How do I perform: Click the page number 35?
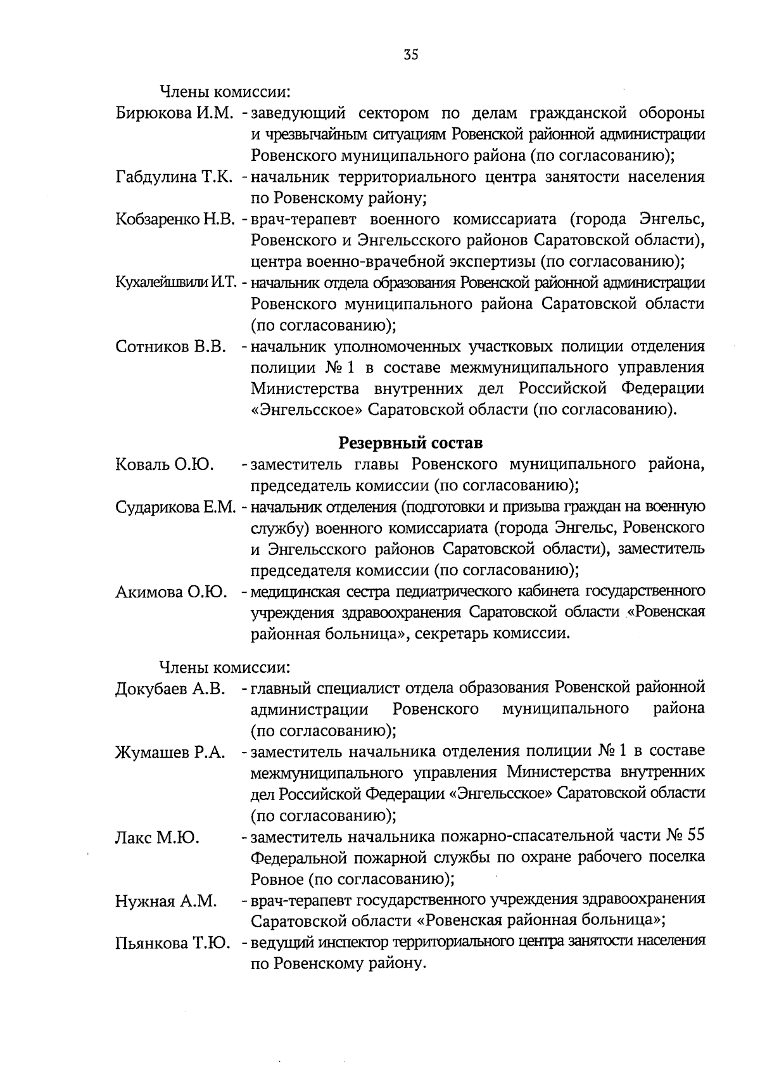(410, 55)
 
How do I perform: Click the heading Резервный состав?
(410, 442)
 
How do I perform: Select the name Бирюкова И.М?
(175, 114)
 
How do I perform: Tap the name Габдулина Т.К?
(176, 177)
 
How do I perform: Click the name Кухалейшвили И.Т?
(175, 283)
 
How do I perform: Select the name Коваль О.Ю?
(164, 465)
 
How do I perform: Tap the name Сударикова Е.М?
(175, 507)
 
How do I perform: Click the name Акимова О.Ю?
(171, 592)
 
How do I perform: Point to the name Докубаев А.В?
(170, 689)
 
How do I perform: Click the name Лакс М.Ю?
(157, 837)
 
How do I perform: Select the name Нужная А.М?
(166, 901)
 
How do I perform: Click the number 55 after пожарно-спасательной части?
(695, 836)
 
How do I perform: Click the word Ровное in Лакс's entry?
(277, 879)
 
